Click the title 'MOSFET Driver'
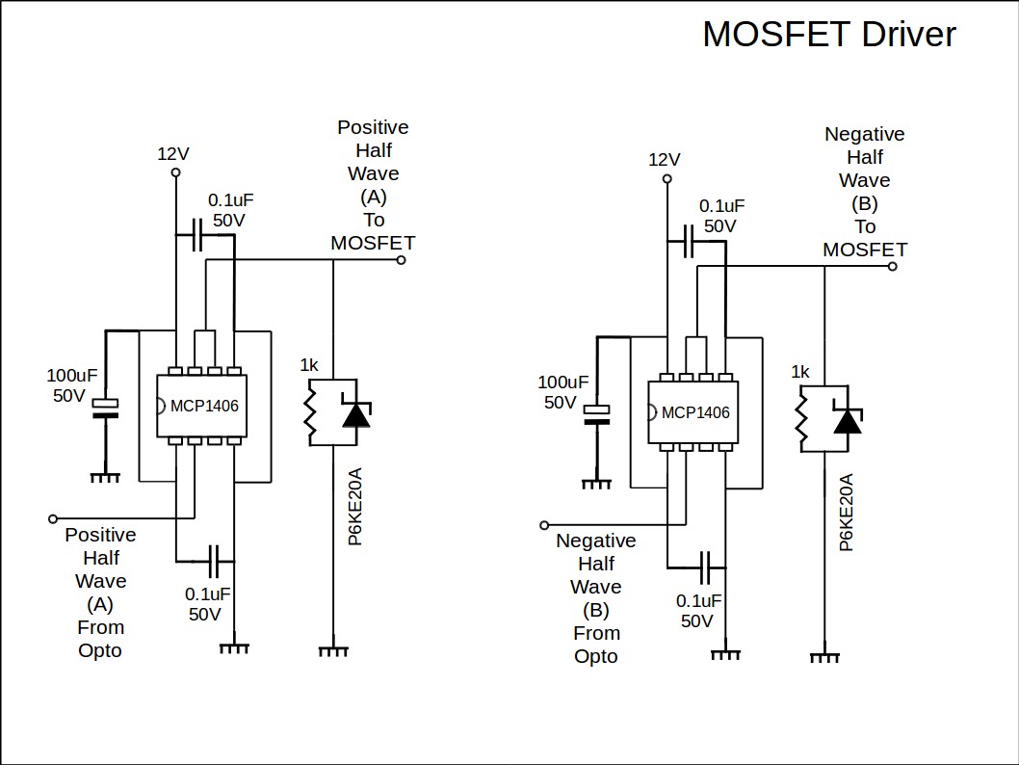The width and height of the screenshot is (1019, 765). [x=828, y=35]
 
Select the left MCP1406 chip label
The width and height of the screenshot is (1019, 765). [x=204, y=406]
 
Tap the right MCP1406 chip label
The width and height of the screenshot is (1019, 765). [x=695, y=413]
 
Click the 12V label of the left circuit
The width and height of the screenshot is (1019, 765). [x=173, y=153]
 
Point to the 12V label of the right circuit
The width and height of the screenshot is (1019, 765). [x=665, y=159]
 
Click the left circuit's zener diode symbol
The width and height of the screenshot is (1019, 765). [x=356, y=413]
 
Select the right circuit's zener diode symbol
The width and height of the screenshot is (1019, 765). [x=848, y=420]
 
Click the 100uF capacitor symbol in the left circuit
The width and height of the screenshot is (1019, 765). [x=105, y=408]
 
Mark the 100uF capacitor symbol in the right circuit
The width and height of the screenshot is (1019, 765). [x=597, y=414]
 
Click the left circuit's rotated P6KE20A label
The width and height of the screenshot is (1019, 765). [x=355, y=507]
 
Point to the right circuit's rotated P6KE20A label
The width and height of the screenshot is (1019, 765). [x=847, y=513]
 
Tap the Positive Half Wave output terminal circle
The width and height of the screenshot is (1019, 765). [x=401, y=259]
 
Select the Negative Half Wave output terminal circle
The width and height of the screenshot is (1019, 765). [x=892, y=267]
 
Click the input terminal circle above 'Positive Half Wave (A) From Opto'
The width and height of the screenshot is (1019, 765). [x=53, y=518]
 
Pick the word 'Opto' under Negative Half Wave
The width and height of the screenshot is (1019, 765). [x=596, y=656]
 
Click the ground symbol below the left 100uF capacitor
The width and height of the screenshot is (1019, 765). [x=105, y=477]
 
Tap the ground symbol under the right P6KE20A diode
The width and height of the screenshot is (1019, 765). [x=824, y=657]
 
